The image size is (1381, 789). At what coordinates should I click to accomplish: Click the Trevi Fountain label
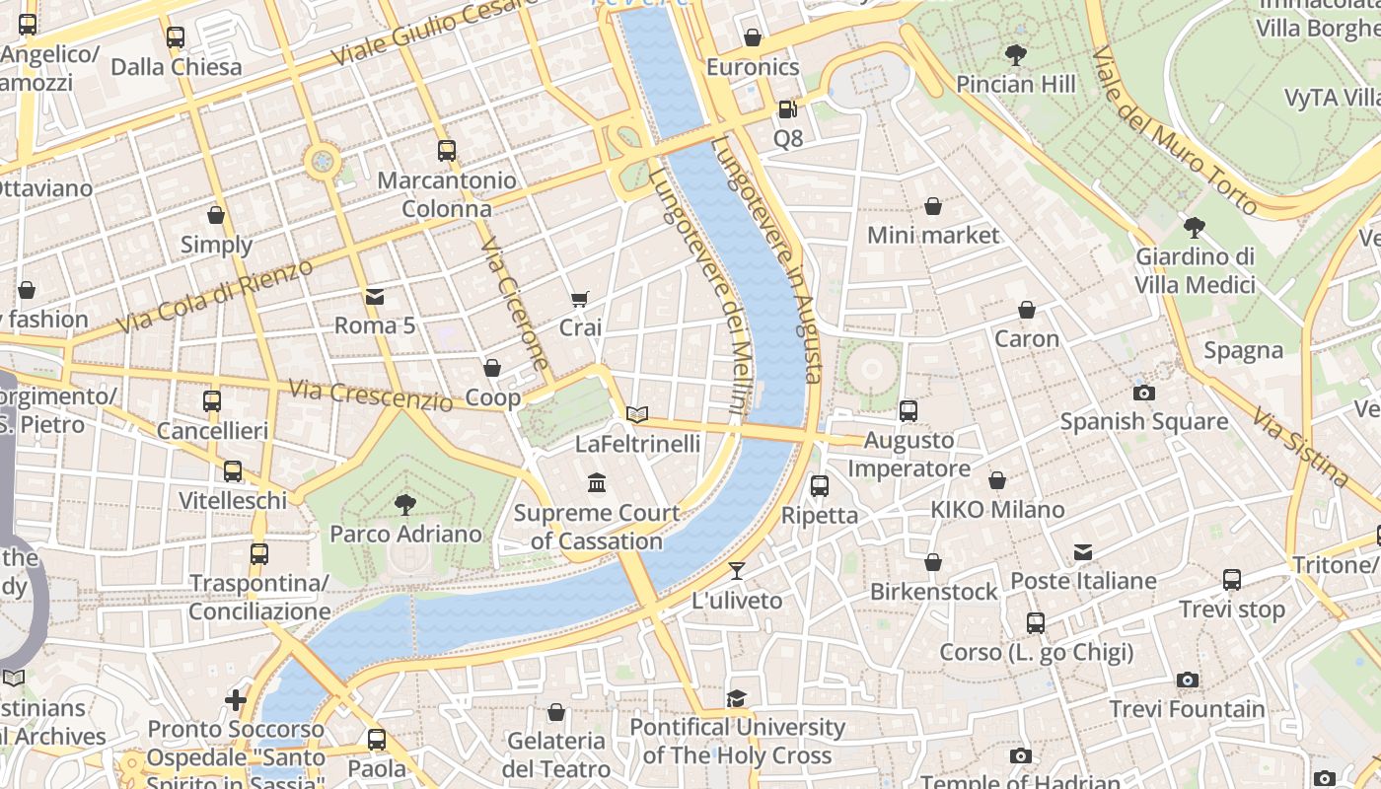[1187, 709]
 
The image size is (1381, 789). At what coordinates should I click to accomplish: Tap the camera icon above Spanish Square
[1144, 393]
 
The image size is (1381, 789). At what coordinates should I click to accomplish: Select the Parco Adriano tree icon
[404, 506]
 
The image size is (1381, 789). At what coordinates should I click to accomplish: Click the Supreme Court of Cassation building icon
[597, 483]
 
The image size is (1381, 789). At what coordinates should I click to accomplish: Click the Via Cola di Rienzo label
[214, 296]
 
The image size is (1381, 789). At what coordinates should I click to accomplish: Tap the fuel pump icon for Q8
[787, 109]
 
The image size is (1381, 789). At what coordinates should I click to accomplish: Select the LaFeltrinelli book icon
[637, 415]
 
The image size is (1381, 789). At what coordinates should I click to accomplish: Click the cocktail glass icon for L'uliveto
[736, 571]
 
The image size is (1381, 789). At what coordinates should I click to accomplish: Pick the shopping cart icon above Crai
[580, 299]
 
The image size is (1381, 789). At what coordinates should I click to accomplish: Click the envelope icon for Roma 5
[375, 297]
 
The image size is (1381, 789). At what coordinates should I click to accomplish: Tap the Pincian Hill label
[1016, 85]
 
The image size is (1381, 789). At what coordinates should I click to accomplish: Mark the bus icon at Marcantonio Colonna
[447, 151]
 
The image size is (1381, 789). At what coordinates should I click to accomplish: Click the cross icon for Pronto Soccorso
[236, 700]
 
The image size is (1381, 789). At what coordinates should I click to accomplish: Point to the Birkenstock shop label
[933, 592]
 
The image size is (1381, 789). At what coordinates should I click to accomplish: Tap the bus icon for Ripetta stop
[820, 486]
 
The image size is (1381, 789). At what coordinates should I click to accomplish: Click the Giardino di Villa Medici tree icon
[1195, 228]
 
